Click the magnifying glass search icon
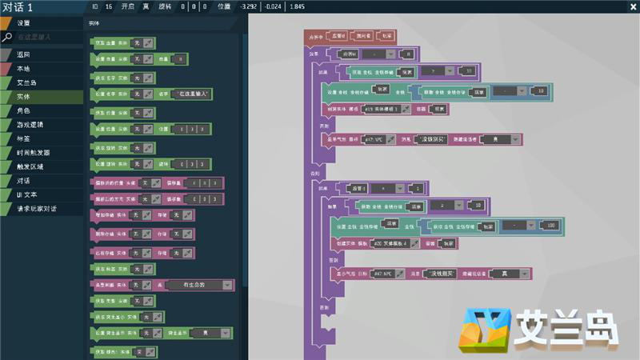tap(6, 37)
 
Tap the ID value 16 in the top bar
tap(108, 6)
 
